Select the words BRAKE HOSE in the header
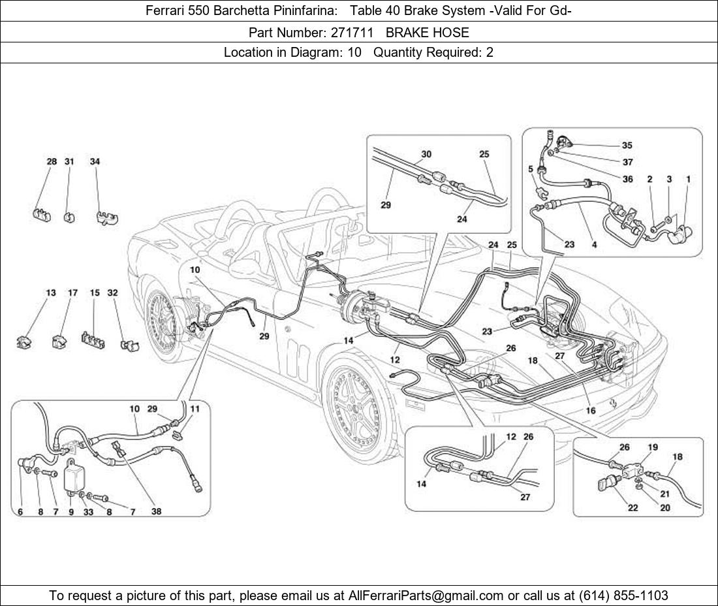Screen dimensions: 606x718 [427, 32]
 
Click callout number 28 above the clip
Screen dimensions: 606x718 [52, 161]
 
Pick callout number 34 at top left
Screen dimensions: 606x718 [95, 161]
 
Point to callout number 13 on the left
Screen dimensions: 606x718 [51, 293]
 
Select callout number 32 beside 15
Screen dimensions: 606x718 [112, 293]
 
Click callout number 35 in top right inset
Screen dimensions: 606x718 [627, 145]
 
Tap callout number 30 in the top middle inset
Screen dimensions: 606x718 [426, 154]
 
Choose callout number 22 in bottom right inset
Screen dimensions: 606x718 [632, 508]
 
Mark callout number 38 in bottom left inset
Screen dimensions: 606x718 [157, 512]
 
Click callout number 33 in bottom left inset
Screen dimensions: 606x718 [88, 512]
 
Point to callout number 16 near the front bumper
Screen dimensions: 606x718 [591, 411]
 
